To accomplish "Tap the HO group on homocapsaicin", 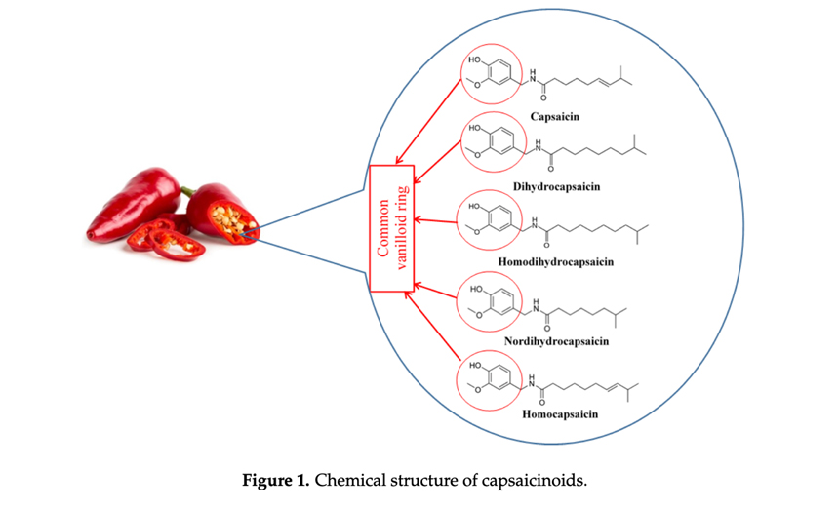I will pyautogui.click(x=476, y=367).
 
